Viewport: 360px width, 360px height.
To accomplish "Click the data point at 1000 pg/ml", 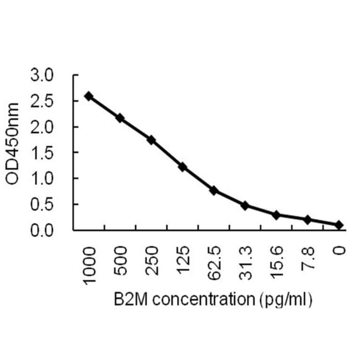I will (89, 96).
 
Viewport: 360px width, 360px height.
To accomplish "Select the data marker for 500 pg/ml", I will (120, 118).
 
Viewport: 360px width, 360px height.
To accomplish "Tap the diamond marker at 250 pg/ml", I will (151, 140).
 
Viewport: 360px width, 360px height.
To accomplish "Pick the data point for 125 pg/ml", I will (182, 167).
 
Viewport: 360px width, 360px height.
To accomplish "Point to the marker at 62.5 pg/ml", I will (213, 190).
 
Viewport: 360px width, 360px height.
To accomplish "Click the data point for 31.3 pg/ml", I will (245, 205).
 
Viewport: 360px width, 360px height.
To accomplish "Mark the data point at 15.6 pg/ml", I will (276, 215).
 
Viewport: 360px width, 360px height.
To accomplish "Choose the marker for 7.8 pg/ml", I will (307, 220).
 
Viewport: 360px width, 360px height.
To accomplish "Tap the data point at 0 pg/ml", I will (339, 225).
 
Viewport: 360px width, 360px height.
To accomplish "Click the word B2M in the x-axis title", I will (127, 298).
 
